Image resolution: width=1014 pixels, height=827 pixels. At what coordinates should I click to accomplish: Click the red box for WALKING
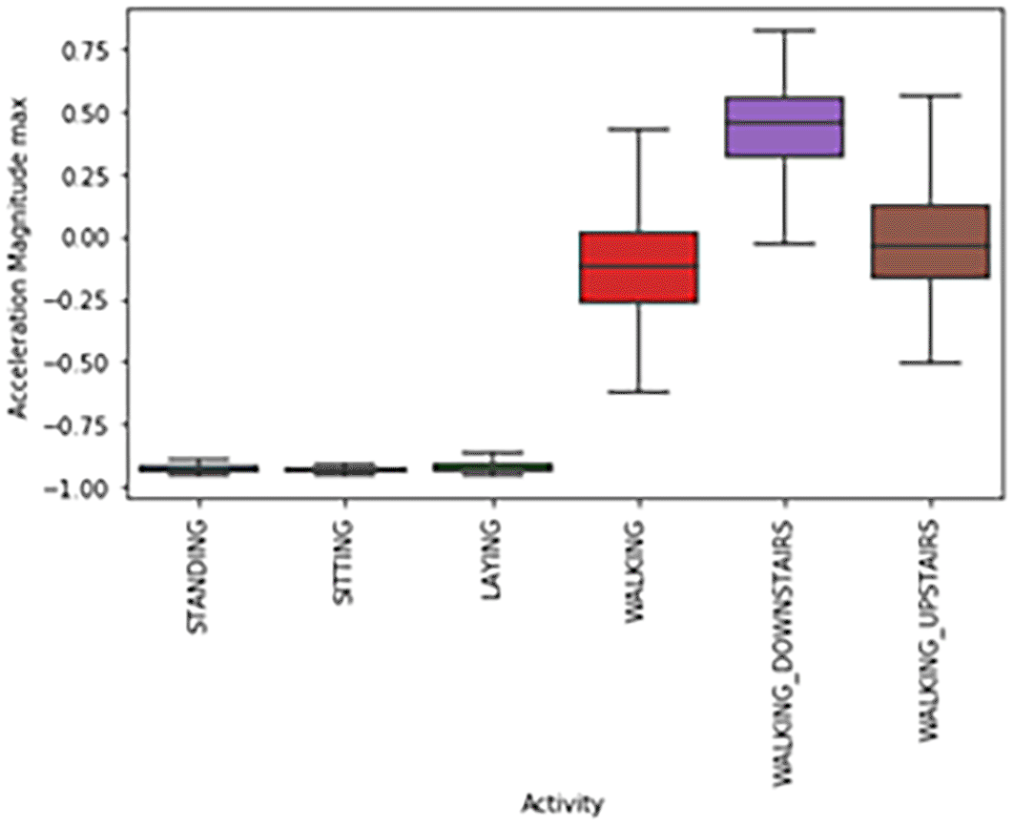tap(639, 267)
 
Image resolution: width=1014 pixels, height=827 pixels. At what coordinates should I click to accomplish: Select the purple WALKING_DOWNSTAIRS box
tap(784, 127)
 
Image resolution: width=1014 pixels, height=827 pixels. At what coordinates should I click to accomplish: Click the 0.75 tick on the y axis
tap(83, 51)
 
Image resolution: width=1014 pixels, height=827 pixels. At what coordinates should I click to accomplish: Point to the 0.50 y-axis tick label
tap(83, 113)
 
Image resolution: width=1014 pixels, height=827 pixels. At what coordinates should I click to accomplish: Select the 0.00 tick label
tap(83, 238)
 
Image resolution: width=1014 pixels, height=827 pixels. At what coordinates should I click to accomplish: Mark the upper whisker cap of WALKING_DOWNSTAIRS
tap(784, 31)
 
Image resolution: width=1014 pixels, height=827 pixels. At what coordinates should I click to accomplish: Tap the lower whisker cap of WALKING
tap(639, 392)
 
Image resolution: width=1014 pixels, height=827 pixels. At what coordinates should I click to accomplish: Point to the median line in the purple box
tap(784, 122)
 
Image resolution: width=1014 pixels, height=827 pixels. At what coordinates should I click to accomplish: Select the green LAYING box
tap(492, 467)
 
